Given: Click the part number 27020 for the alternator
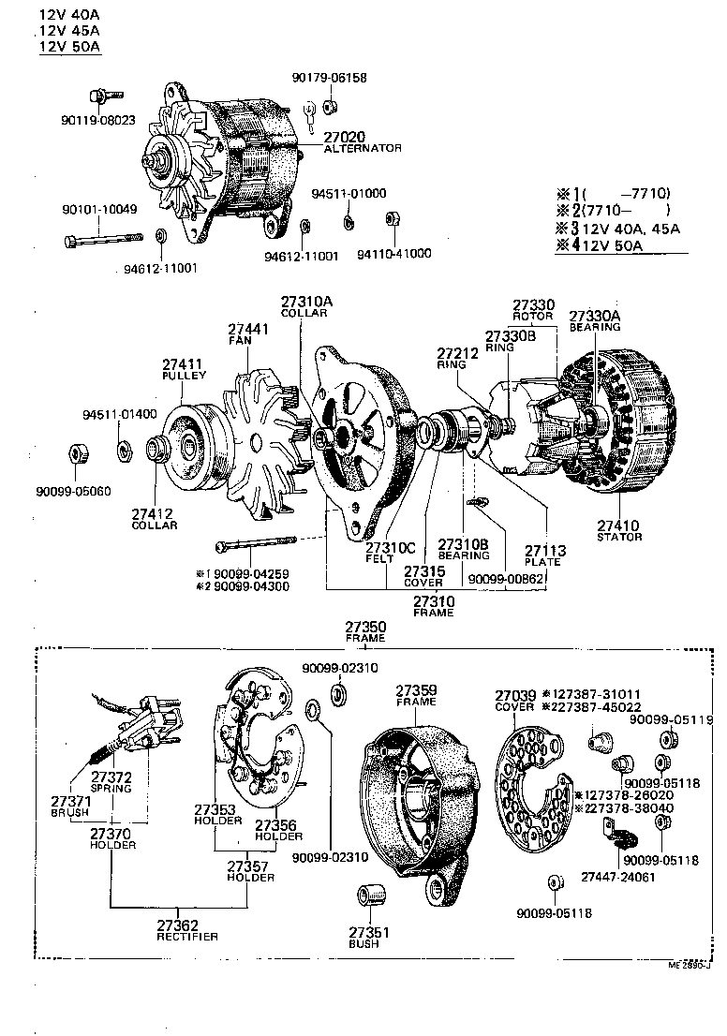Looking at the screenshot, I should (x=344, y=137).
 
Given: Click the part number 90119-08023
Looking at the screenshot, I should (x=98, y=120).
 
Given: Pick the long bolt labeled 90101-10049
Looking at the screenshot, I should (x=103, y=242).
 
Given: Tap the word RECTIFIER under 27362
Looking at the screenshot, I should (x=187, y=937).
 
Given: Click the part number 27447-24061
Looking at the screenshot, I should (x=617, y=878).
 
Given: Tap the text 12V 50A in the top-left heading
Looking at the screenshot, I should (x=71, y=47).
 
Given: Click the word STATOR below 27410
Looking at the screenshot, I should (x=619, y=537).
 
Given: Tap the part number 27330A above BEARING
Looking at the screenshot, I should (x=595, y=317).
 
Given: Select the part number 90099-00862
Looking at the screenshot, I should (x=505, y=579).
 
